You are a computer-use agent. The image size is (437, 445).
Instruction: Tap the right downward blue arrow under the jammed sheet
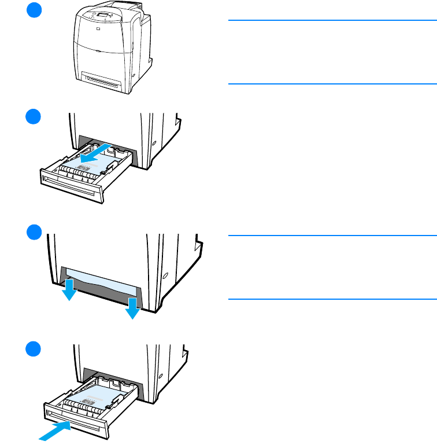point(134,308)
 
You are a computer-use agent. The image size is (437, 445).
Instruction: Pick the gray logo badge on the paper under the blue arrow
point(86,169)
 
